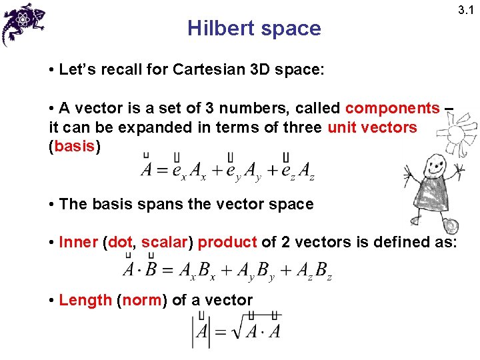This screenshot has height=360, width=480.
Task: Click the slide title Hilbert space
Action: [254, 29]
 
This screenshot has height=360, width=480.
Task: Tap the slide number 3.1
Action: [464, 9]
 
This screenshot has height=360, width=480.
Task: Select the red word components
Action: [393, 108]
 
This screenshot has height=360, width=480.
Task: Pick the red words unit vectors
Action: [372, 127]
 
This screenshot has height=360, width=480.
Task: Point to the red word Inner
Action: [78, 242]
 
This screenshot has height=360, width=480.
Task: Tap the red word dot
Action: [120, 242]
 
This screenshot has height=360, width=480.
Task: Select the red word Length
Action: [85, 300]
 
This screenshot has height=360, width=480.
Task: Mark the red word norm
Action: [142, 300]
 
